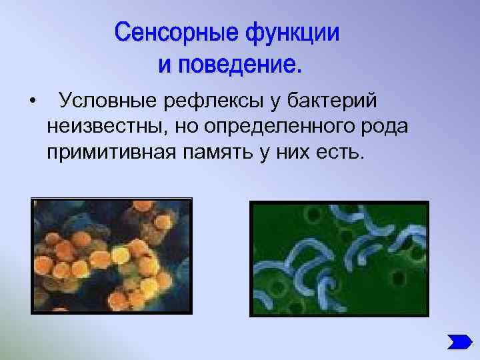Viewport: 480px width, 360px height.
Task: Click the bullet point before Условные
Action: click(x=32, y=101)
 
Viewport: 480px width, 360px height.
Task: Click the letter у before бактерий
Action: click(x=275, y=101)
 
